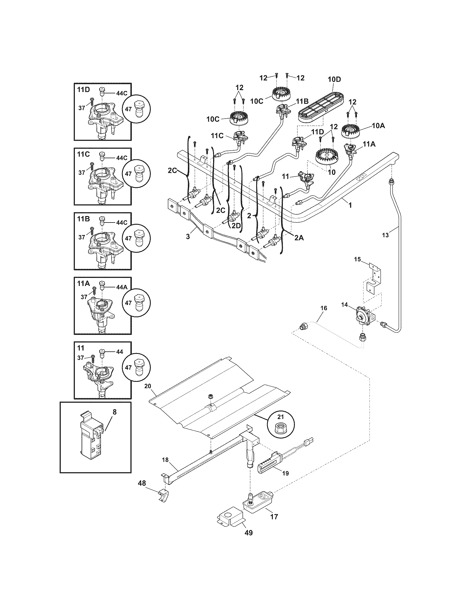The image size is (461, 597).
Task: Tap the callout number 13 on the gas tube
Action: tap(385, 235)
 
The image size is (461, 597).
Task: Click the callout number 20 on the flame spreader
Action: tap(148, 386)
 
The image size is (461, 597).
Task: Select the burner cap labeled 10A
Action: tap(350, 131)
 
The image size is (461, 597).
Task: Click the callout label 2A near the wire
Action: tap(299, 238)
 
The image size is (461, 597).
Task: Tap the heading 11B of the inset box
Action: tap(83, 219)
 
